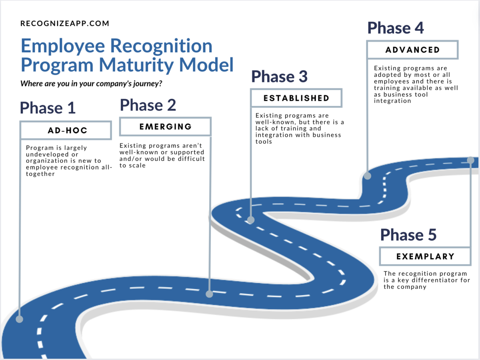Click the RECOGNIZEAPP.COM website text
(x=64, y=24)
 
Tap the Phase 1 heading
(x=48, y=108)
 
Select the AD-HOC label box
(x=65, y=130)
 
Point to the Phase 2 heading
(x=148, y=105)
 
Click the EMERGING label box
(x=165, y=127)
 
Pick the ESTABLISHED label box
(x=296, y=98)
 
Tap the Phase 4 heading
(x=395, y=28)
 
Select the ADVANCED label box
(x=412, y=50)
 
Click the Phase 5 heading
(x=408, y=235)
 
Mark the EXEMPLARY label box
(x=425, y=256)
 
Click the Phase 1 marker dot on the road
(x=19, y=319)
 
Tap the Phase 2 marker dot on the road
(x=209, y=294)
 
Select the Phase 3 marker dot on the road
(x=251, y=220)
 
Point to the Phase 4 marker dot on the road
(x=367, y=175)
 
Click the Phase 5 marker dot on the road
(x=470, y=160)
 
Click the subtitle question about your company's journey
(x=92, y=84)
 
